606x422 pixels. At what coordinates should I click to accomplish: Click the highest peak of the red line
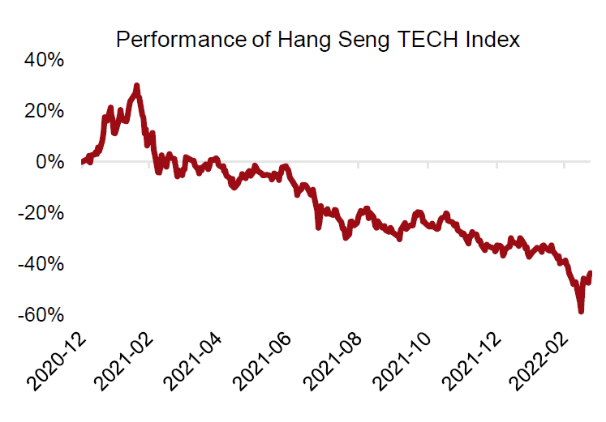tap(136, 85)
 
